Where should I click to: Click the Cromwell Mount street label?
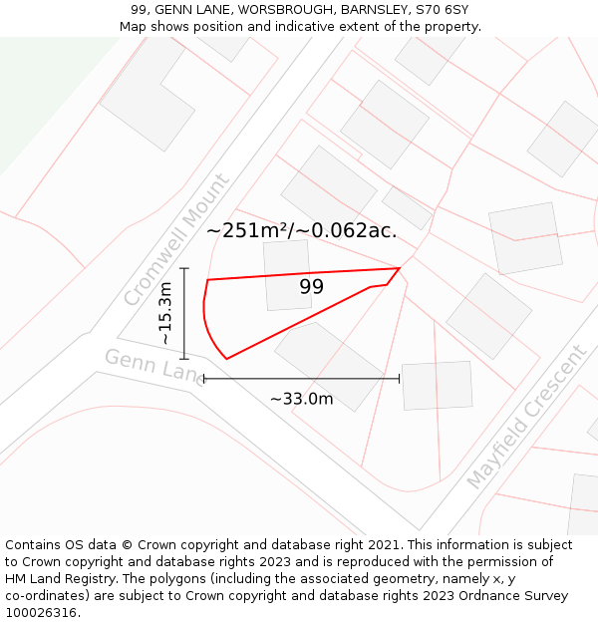(x=176, y=240)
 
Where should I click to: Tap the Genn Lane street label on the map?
(x=152, y=366)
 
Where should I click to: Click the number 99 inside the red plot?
(x=312, y=287)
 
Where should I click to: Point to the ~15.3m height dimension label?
(x=165, y=313)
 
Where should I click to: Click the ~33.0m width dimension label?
(x=301, y=399)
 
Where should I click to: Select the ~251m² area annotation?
(x=301, y=230)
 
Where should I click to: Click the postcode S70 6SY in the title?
(x=443, y=10)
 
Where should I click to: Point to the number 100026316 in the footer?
(x=41, y=613)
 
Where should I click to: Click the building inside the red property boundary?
(x=287, y=274)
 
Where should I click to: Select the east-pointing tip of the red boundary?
(x=399, y=268)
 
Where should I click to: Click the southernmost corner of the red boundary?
(x=227, y=359)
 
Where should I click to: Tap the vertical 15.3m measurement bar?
(x=184, y=313)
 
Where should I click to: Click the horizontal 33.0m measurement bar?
(x=301, y=379)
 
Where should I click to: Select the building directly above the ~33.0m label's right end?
(x=437, y=385)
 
